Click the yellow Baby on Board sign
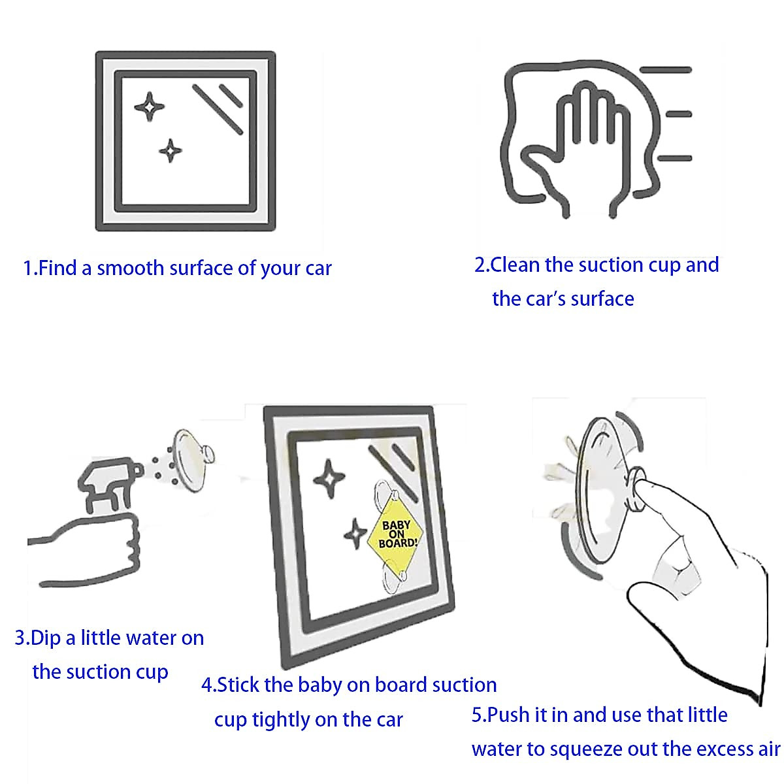(395, 534)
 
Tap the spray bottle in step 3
(109, 483)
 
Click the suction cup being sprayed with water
(192, 460)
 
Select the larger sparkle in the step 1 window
(150, 106)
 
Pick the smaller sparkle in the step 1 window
(170, 151)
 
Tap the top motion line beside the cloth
(666, 70)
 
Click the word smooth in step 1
(130, 269)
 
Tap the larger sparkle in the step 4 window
(329, 478)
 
